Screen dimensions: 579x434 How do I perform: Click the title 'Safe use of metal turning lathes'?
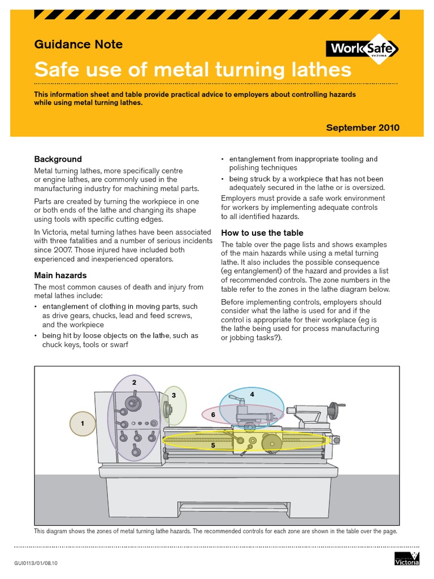click(x=193, y=70)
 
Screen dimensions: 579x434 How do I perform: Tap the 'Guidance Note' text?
click(x=79, y=44)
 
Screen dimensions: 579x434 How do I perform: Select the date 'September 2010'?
click(x=362, y=128)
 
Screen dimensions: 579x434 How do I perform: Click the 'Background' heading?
click(x=58, y=159)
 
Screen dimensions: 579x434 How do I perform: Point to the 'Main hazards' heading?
click(x=60, y=275)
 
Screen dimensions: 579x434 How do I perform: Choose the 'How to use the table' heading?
click(x=262, y=233)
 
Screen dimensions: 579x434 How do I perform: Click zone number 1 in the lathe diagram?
click(x=83, y=423)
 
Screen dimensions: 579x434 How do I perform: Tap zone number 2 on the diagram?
click(x=134, y=383)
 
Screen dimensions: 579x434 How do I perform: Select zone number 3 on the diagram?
click(x=174, y=395)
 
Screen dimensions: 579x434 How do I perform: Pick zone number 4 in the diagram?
click(x=252, y=394)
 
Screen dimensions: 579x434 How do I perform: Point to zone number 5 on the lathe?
click(x=213, y=446)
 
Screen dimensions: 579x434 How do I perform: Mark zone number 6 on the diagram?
click(x=213, y=415)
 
